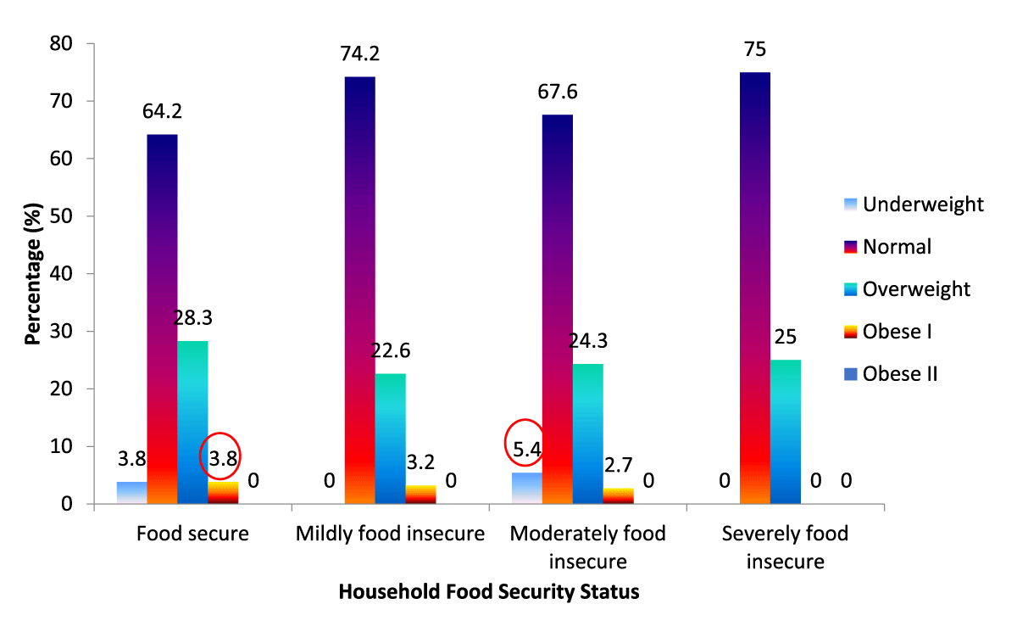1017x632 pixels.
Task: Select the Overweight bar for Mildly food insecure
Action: tap(390, 439)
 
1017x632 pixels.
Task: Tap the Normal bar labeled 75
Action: tap(755, 288)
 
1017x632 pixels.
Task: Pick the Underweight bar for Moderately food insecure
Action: tap(527, 489)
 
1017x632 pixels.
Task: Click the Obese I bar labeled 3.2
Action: tap(420, 495)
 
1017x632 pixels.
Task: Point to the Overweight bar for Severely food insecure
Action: tap(786, 432)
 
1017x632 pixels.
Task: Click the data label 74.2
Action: tap(360, 54)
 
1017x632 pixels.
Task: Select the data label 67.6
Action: tap(558, 92)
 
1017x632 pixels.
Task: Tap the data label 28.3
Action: tap(192, 318)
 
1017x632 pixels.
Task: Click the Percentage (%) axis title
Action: tap(33, 273)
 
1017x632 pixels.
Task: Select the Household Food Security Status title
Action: tap(489, 592)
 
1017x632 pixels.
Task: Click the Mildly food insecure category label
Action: tap(390, 534)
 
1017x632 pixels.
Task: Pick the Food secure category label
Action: tap(192, 534)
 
